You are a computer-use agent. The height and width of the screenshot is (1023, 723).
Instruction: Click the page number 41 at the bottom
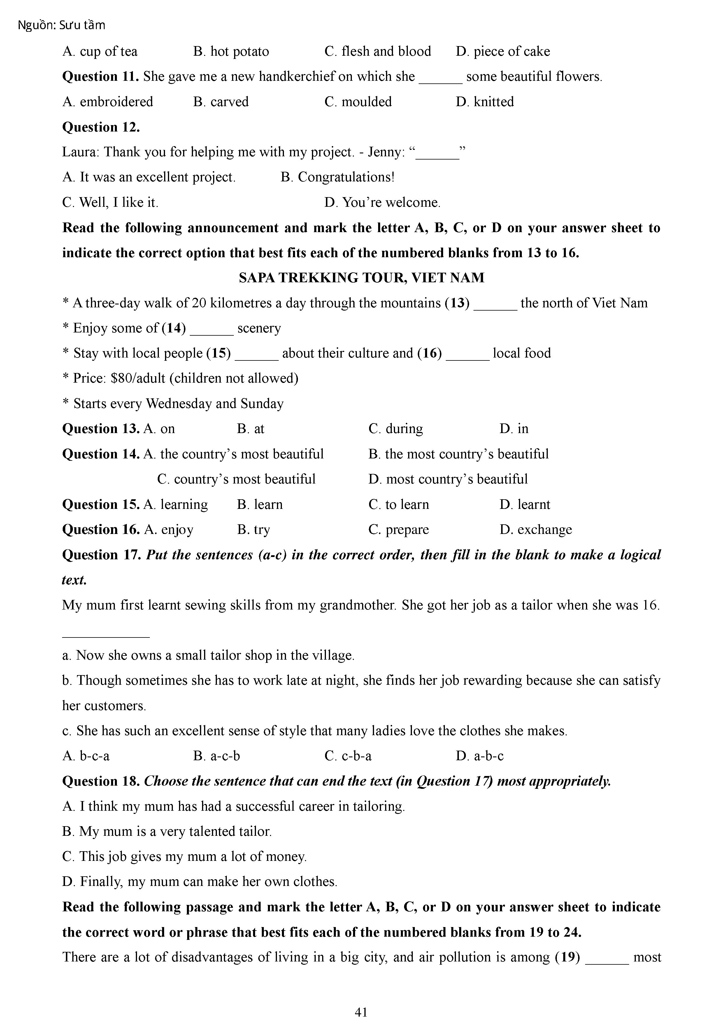(361, 1012)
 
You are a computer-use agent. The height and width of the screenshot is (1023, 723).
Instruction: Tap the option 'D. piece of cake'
(503, 51)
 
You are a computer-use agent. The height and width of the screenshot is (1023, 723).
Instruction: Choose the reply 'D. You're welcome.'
(382, 203)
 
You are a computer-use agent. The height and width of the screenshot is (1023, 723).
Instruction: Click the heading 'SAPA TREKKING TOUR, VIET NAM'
(361, 278)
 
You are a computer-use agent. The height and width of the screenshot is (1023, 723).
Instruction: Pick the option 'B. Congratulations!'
(337, 177)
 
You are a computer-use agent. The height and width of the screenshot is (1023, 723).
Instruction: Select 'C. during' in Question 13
(396, 429)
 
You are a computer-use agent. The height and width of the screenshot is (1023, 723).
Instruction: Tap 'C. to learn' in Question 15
(399, 505)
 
